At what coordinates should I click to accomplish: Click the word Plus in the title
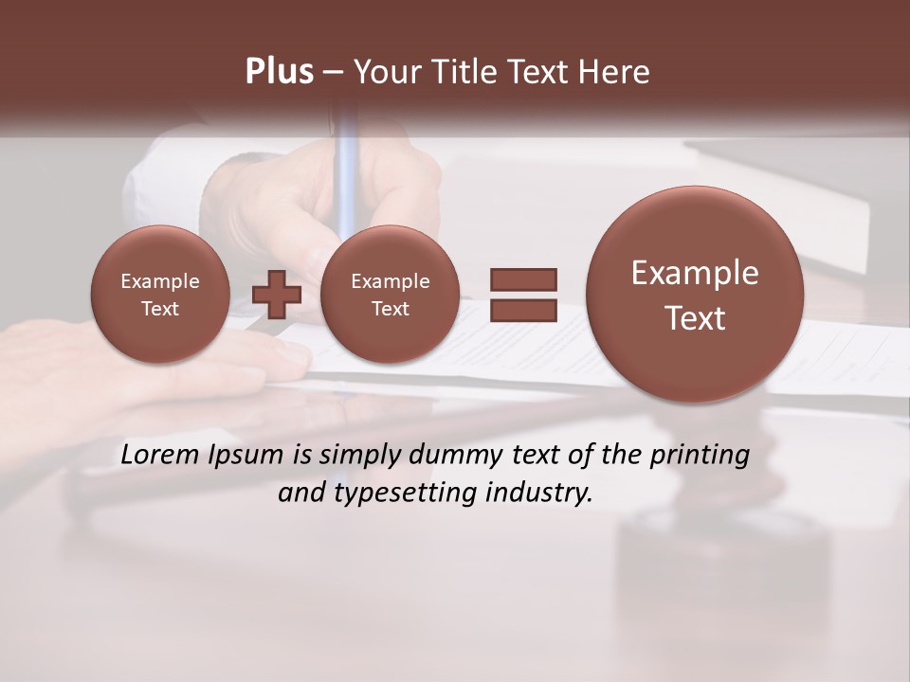pos(279,72)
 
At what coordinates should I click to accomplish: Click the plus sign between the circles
pos(277,294)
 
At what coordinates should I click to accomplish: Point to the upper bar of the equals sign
pos(522,279)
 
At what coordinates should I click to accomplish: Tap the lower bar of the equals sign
pos(522,308)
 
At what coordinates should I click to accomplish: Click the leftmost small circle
pos(160,295)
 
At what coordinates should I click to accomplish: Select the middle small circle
pos(390,295)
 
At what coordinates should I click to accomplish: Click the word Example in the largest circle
pos(695,274)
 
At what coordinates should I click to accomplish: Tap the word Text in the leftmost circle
pos(160,309)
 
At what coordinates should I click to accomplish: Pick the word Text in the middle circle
pos(390,309)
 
